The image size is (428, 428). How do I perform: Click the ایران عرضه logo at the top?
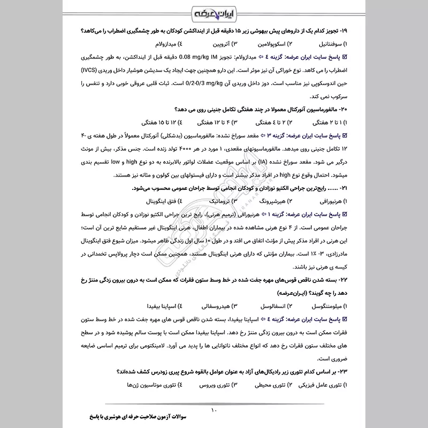point(214,11)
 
